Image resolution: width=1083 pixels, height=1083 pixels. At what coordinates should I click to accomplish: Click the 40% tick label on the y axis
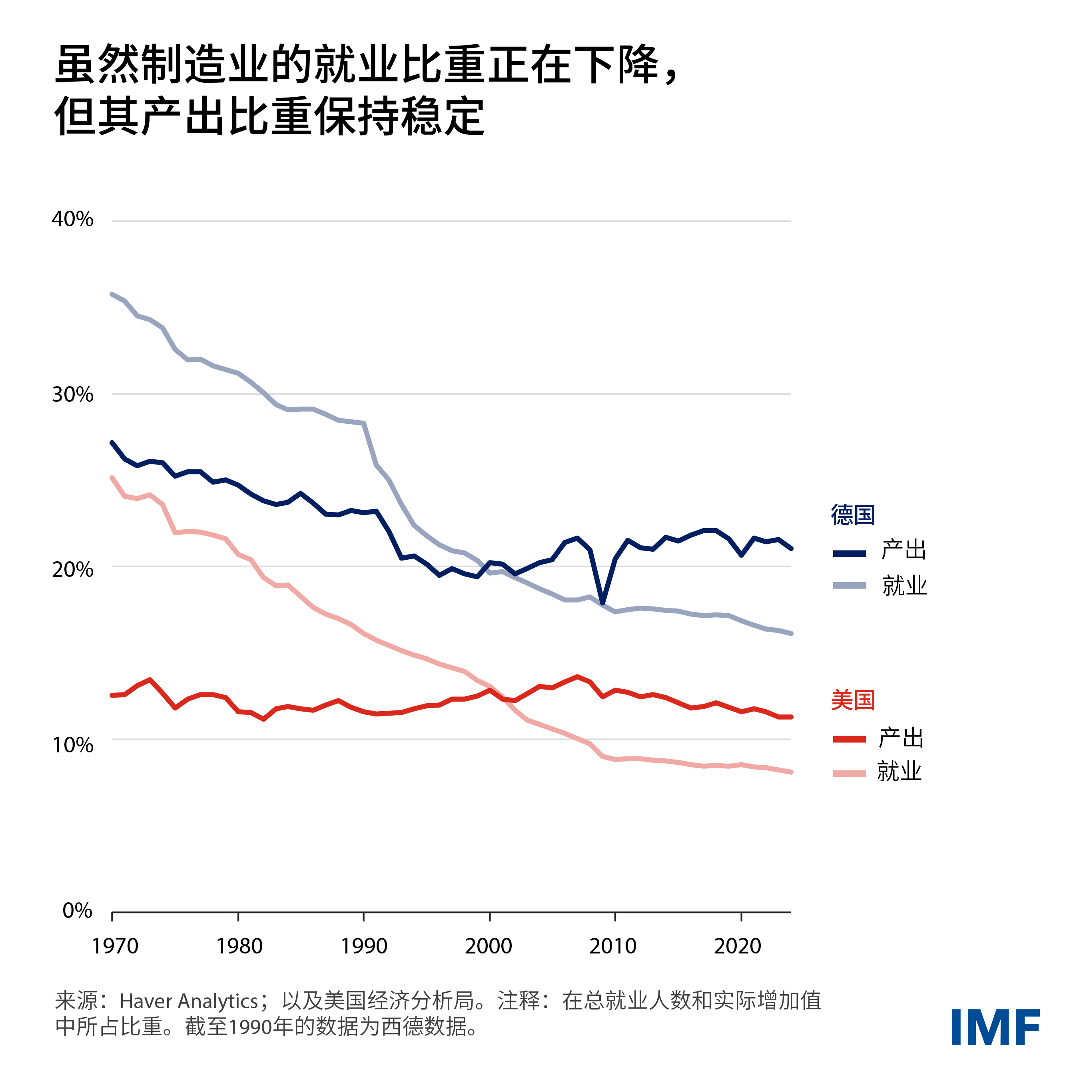click(72, 219)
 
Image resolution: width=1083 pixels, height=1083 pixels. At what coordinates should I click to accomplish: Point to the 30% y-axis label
click(72, 395)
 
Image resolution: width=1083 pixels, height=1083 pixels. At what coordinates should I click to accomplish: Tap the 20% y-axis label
click(72, 570)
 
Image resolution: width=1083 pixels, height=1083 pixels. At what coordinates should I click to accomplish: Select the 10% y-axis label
click(73, 745)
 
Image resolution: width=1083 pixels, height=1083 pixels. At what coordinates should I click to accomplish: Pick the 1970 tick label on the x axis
click(115, 946)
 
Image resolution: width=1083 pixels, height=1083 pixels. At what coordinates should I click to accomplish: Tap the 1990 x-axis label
click(364, 946)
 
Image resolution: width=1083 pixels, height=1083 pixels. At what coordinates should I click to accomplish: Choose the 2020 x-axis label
click(737, 946)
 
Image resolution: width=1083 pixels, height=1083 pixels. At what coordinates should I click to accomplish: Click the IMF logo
click(995, 1027)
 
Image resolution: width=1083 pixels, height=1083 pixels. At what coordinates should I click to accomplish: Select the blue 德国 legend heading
click(853, 515)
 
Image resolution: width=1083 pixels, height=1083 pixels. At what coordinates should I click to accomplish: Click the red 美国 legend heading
click(853, 700)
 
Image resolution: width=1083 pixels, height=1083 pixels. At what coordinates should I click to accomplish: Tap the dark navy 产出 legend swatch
click(849, 553)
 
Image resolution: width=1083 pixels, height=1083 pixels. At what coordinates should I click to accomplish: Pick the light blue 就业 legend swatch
click(849, 586)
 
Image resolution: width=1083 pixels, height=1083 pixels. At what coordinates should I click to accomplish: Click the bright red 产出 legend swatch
click(849, 739)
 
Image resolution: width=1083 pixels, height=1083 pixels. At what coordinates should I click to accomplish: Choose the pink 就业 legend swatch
click(849, 774)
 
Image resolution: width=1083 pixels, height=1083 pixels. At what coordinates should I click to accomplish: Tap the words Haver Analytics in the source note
click(189, 1001)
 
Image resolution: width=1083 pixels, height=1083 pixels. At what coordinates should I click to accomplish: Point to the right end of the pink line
click(790, 772)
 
